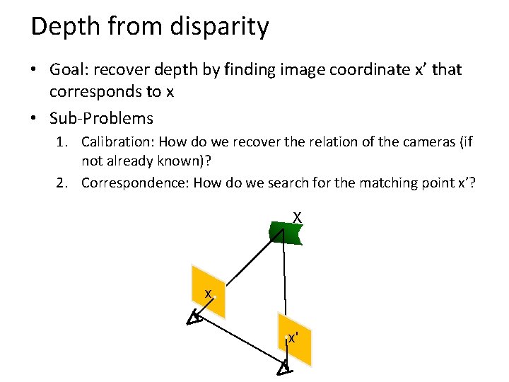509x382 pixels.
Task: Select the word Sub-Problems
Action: [x=101, y=117]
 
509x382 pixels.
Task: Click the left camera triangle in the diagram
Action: [x=194, y=319]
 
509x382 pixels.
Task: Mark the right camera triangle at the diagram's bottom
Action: [x=283, y=368]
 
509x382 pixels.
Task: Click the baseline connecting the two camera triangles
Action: [x=239, y=344]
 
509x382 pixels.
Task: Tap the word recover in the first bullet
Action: [x=125, y=70]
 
